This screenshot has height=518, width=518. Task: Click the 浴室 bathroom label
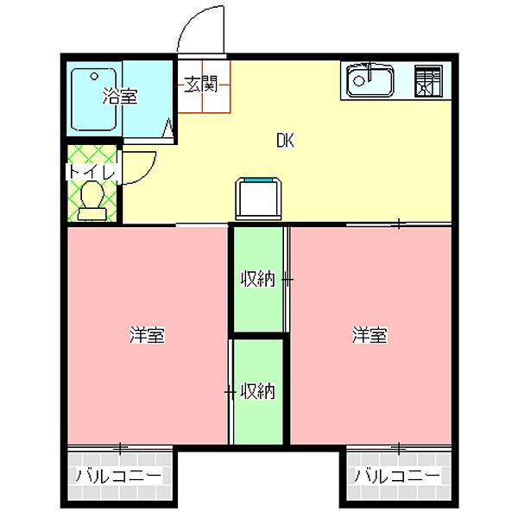pos(120,96)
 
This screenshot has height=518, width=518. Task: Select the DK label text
pos(286,141)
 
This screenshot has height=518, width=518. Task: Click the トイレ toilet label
pos(92,173)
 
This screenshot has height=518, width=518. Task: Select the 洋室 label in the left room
pos(148,335)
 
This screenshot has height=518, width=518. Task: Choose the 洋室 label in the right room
pos(369,335)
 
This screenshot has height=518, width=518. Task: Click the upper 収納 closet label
pos(256,279)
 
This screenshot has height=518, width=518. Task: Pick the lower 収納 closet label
pos(256,391)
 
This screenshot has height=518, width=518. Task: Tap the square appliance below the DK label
pos(261,199)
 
